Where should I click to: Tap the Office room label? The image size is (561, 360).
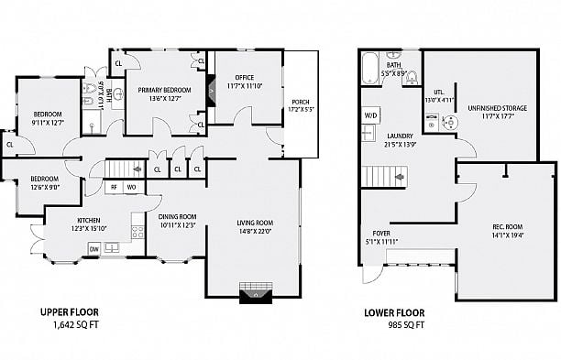[x=243, y=81]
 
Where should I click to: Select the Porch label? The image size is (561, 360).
[x=300, y=104]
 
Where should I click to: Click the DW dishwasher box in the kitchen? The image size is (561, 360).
[x=93, y=249]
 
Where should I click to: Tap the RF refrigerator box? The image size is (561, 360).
[x=114, y=188]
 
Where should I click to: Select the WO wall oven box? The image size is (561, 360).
[x=131, y=188]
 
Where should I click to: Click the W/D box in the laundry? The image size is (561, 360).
[x=370, y=115]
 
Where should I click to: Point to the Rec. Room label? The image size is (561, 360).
[x=506, y=231]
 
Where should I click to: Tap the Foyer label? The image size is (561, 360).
[x=381, y=237]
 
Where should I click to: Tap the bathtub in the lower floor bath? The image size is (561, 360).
[x=370, y=68]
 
